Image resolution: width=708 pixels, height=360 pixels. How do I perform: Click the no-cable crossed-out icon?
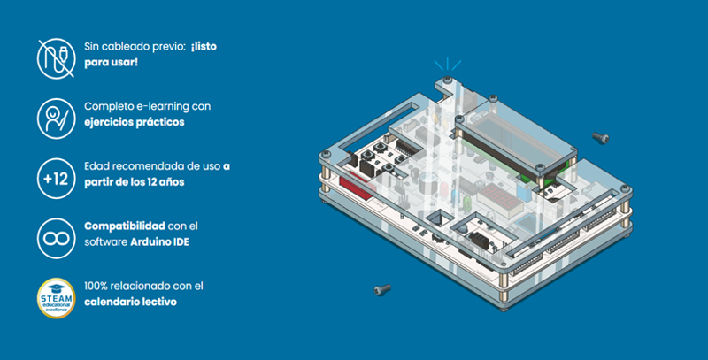(55, 55)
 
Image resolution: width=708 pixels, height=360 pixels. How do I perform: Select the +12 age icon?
(55, 178)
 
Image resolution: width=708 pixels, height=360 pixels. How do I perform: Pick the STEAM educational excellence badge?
(55, 297)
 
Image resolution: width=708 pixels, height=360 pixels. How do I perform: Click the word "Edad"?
(97, 165)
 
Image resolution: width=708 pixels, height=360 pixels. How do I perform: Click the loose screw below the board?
(382, 289)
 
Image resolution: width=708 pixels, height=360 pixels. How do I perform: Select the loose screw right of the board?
(600, 137)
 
